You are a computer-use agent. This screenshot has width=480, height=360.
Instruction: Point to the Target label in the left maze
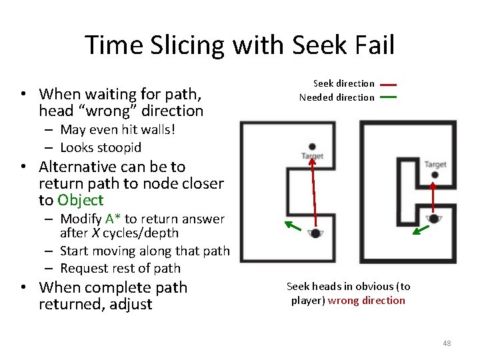(312, 156)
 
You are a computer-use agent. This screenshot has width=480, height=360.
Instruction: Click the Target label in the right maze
(435, 164)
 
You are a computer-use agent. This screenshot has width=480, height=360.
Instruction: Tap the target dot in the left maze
(312, 147)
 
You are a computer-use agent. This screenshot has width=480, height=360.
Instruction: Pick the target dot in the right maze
(435, 175)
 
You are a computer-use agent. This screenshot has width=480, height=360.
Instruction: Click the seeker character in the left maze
(315, 233)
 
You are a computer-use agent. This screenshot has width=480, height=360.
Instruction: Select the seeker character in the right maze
(434, 218)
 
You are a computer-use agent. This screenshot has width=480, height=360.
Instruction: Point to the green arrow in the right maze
(419, 230)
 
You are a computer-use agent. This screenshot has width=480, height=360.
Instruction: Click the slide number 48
(447, 343)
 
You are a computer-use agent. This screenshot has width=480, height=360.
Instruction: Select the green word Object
(81, 200)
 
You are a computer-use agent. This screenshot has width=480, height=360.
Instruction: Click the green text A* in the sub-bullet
(112, 219)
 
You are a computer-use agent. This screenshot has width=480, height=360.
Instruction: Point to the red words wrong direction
(366, 301)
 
